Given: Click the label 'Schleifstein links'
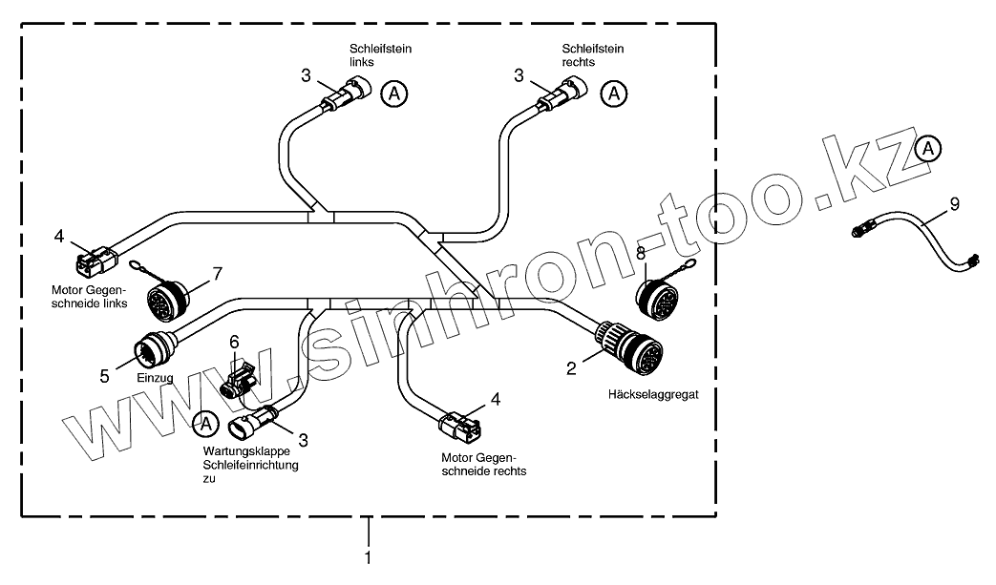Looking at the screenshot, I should click(379, 54).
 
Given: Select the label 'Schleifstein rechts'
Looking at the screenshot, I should click(592, 54).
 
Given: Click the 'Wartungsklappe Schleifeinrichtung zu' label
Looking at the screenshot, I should click(250, 465).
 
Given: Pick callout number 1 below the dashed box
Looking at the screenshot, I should click(368, 555).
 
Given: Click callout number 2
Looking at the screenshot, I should click(571, 367).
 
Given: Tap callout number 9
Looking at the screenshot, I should click(954, 203).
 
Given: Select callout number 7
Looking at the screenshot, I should click(217, 274).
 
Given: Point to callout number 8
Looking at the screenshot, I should click(641, 253).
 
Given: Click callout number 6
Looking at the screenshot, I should click(234, 342).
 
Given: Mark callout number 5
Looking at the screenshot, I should click(104, 375).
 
